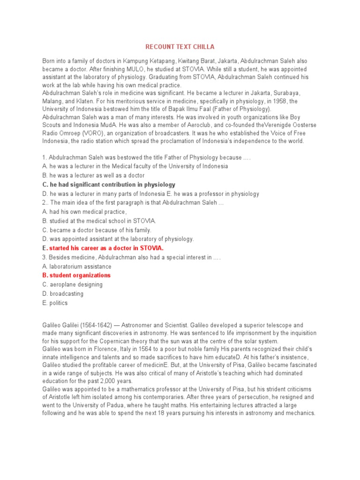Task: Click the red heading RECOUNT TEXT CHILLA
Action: point(180,47)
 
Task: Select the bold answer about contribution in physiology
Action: point(109,185)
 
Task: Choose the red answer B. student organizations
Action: point(76,275)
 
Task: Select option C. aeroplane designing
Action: point(72,285)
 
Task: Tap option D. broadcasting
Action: point(63,293)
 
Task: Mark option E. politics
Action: point(55,303)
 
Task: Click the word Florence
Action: point(106,350)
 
